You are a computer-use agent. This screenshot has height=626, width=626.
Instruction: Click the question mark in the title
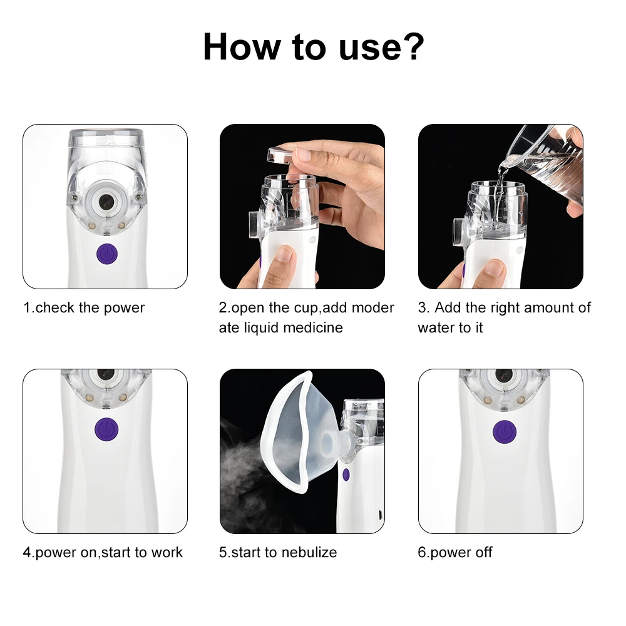tap(413, 46)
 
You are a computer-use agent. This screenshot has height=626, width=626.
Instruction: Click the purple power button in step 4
tap(106, 429)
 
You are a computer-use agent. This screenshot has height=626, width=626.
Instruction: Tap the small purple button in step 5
tap(346, 475)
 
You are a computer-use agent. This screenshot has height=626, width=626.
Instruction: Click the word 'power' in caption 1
tap(124, 308)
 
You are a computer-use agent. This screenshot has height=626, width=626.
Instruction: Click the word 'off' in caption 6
tap(483, 552)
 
